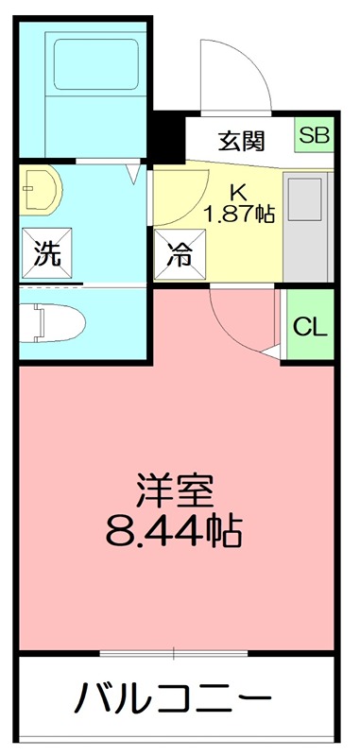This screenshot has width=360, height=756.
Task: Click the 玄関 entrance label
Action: coord(242,141)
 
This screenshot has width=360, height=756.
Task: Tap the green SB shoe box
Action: coord(315,135)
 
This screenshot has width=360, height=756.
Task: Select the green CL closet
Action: coord(309,327)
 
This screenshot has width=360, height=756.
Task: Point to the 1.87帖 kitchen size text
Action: coord(240,214)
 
